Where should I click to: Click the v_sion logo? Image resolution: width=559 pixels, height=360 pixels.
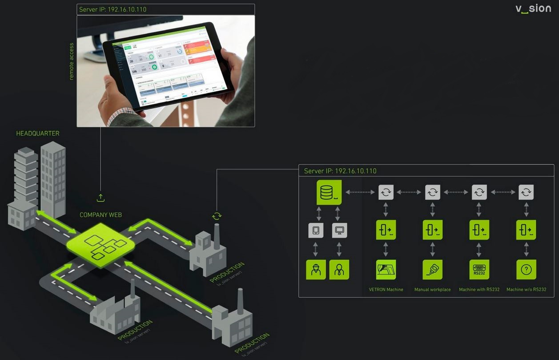point(533,9)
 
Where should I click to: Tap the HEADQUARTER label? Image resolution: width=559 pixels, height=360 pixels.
point(38,133)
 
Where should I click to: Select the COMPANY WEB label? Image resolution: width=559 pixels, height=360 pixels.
point(101,215)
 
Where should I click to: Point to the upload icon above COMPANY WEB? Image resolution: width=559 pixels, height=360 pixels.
point(101,198)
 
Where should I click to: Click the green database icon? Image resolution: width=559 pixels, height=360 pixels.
point(329,192)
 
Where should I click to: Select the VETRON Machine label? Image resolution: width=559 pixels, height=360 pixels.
point(386,290)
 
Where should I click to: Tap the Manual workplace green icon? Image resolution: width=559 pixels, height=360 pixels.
point(432,270)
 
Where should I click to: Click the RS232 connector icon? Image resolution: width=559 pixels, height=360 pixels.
point(479,270)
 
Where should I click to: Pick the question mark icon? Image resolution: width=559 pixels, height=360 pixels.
point(526,270)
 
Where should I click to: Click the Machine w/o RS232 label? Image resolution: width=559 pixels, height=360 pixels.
point(526,290)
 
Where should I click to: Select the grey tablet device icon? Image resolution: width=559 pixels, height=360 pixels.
point(316,231)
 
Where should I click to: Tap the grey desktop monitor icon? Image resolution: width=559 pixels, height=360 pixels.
point(339,231)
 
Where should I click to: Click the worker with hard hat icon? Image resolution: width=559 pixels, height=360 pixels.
point(316,270)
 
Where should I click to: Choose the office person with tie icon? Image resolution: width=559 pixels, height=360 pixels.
point(339,270)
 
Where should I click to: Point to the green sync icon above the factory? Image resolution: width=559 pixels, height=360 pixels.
point(217,216)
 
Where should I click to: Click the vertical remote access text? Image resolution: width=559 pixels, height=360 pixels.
point(72,61)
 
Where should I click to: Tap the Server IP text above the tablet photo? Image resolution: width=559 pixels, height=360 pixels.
point(113,9)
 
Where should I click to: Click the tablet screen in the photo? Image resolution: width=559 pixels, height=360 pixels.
point(169,67)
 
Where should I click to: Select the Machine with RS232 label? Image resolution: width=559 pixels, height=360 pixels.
point(479,290)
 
